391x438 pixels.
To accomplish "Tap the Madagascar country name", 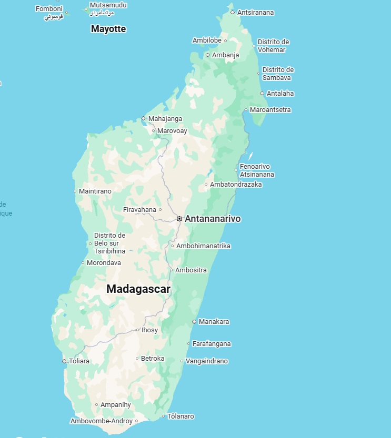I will coord(138,289).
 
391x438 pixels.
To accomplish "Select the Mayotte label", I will coord(108,29).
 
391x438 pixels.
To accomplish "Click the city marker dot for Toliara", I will coord(64,361).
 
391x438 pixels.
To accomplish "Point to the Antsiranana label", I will coord(256,12).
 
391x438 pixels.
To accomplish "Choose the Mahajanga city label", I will coord(165,119).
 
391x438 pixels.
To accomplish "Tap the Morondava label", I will coord(104,262).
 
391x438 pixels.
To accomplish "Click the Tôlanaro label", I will coord(181,416).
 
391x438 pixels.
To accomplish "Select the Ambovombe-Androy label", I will coord(102,421).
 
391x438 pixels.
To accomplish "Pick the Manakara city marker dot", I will coord(194,321).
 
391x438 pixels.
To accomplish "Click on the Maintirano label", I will coord(95,191).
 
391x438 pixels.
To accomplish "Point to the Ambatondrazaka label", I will coord(236,185).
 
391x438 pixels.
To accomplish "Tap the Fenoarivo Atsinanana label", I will coord(257,170).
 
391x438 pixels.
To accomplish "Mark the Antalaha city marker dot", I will coord(262,94).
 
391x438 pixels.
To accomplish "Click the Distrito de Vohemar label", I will coord(273,46).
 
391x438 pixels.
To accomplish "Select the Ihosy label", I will coord(149,330).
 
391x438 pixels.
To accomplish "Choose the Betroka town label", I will coord(153,359).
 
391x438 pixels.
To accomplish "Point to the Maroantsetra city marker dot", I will coord(246,110).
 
